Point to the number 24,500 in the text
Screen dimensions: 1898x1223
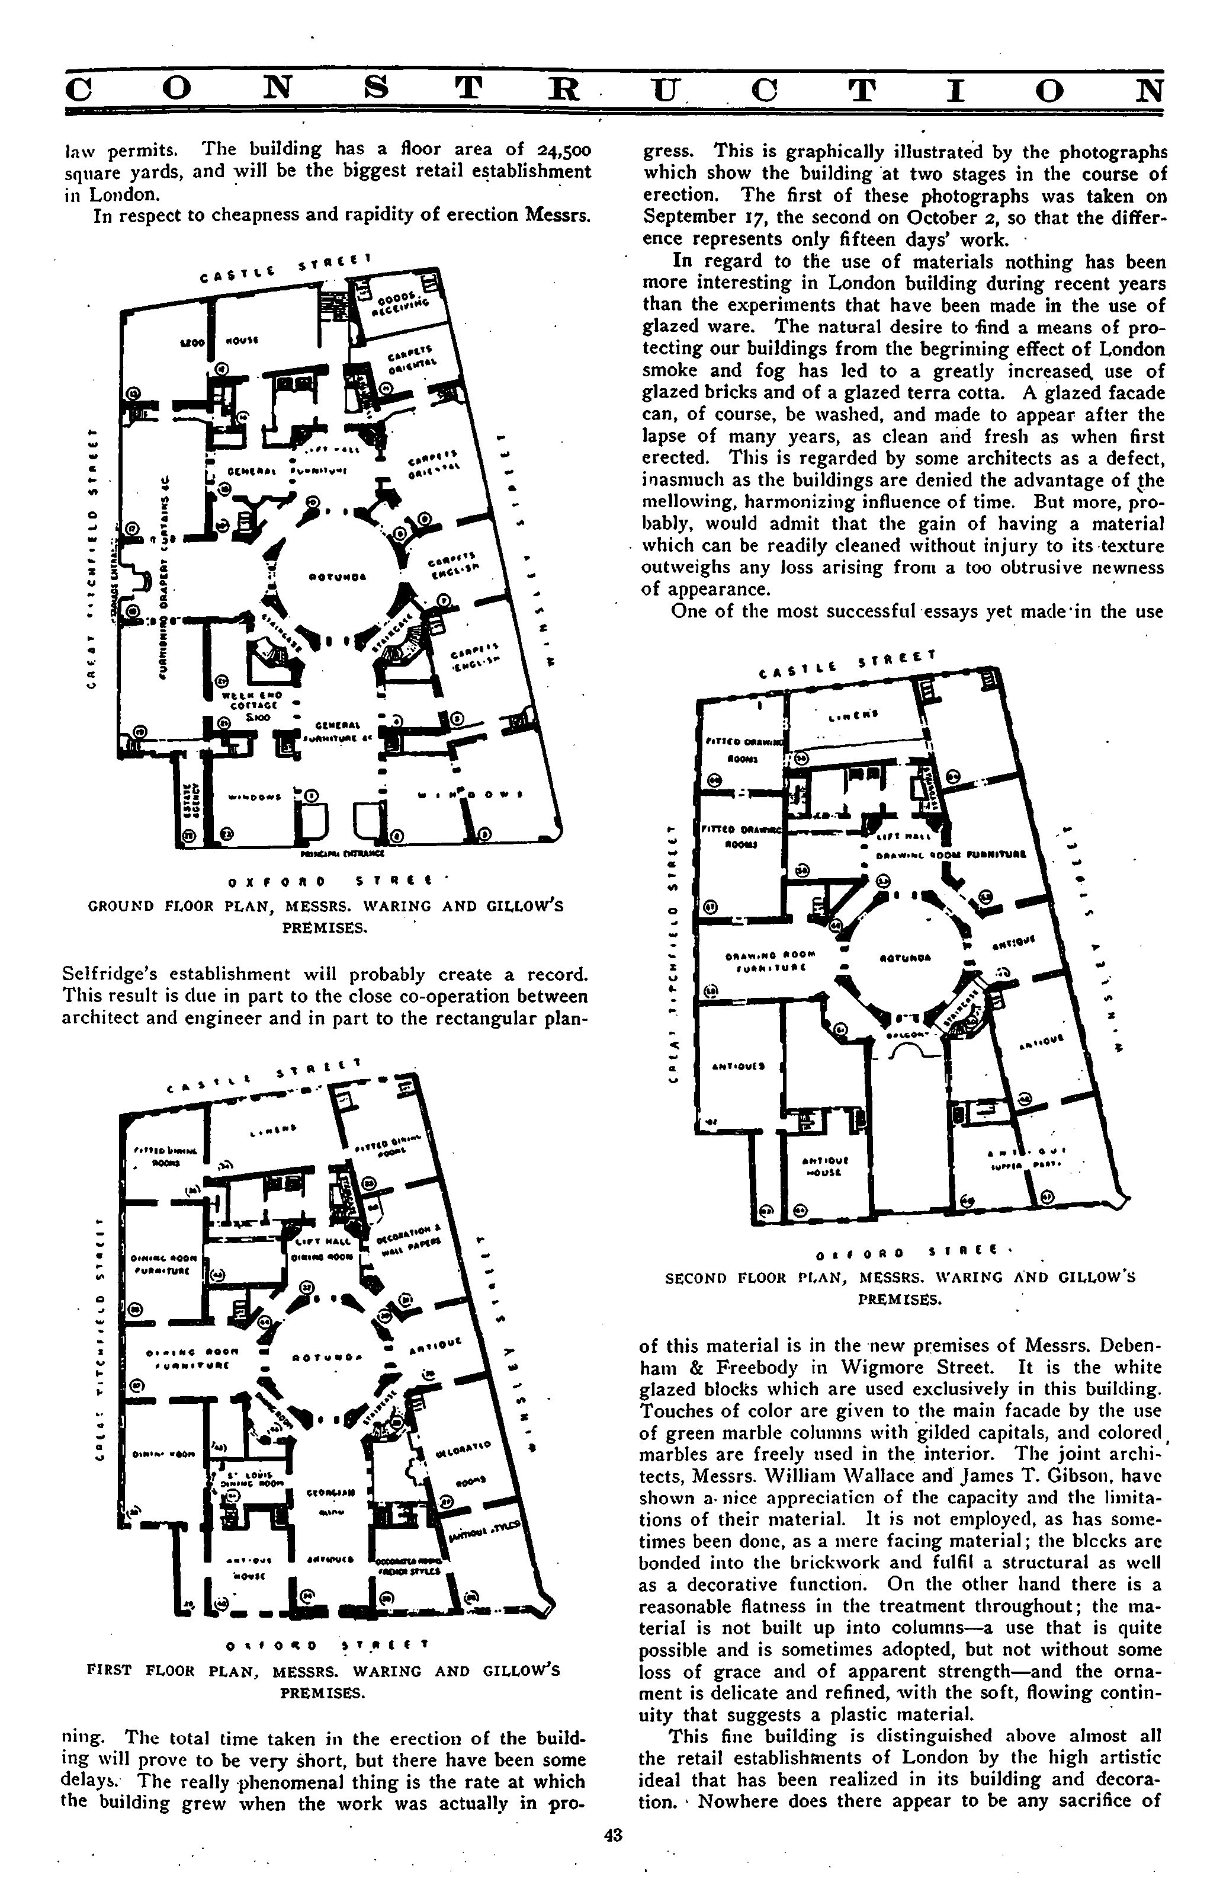click(564, 149)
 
